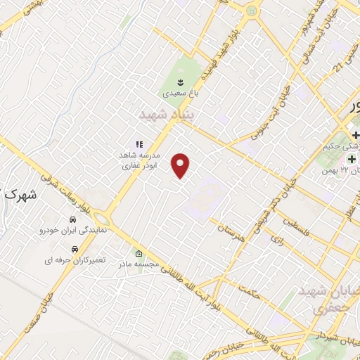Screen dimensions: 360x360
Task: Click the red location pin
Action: point(182,165)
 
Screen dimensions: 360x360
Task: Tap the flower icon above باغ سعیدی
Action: point(180,83)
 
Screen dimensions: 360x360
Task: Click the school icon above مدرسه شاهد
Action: point(139,144)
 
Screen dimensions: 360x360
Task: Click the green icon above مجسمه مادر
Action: point(138,253)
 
